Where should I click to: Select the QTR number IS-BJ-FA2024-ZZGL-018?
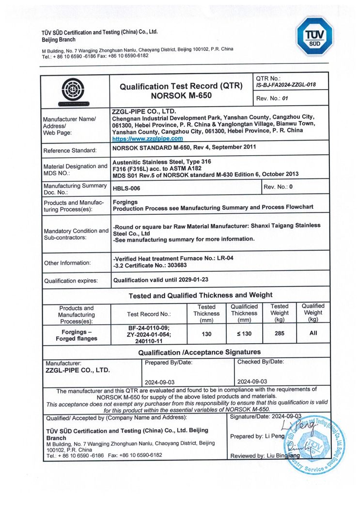tap(285, 85)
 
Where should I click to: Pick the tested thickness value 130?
tap(206, 334)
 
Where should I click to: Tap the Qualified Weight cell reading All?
tap(313, 334)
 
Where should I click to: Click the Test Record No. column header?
tap(149, 314)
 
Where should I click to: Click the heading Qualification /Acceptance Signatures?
tap(199, 352)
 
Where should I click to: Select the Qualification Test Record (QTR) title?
tap(181, 86)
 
